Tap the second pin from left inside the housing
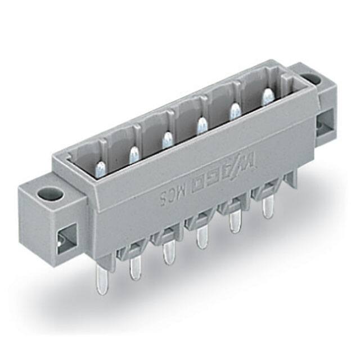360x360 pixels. tap(134, 153)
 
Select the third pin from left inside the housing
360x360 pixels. tap(166, 139)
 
